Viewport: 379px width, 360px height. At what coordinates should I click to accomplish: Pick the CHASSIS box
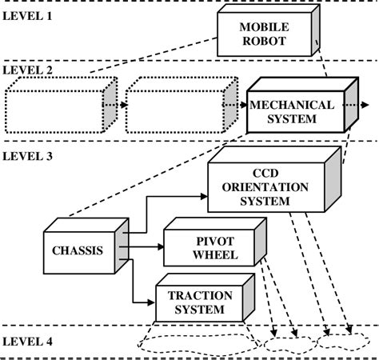pos(78,250)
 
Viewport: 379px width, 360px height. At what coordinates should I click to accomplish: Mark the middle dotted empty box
pos(171,106)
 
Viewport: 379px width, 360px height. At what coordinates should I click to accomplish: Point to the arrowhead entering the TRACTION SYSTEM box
pos(152,302)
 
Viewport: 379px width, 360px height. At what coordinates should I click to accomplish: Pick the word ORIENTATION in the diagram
pos(263,187)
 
